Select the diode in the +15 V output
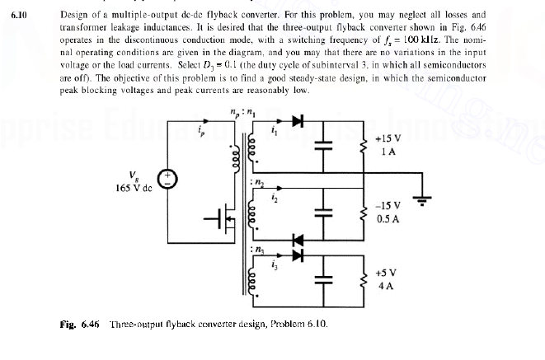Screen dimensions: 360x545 pyautogui.click(x=296, y=121)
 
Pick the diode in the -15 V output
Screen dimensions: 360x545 pyautogui.click(x=297, y=239)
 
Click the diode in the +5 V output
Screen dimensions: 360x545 pyautogui.click(x=297, y=252)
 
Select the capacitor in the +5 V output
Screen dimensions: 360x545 pyautogui.click(x=328, y=279)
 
